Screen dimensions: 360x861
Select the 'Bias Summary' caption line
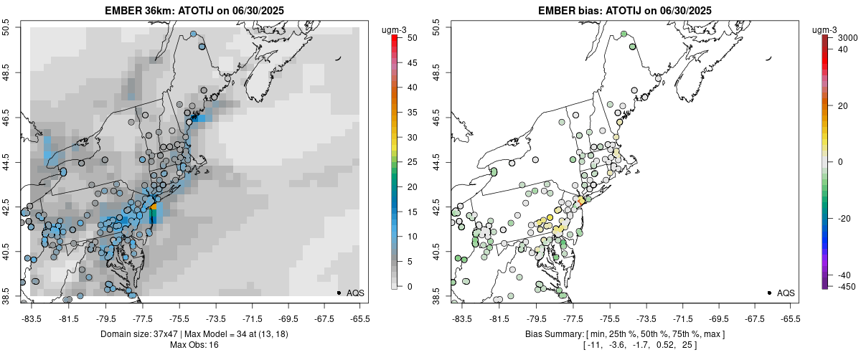point(624,334)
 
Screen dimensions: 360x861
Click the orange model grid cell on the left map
point(153,206)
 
